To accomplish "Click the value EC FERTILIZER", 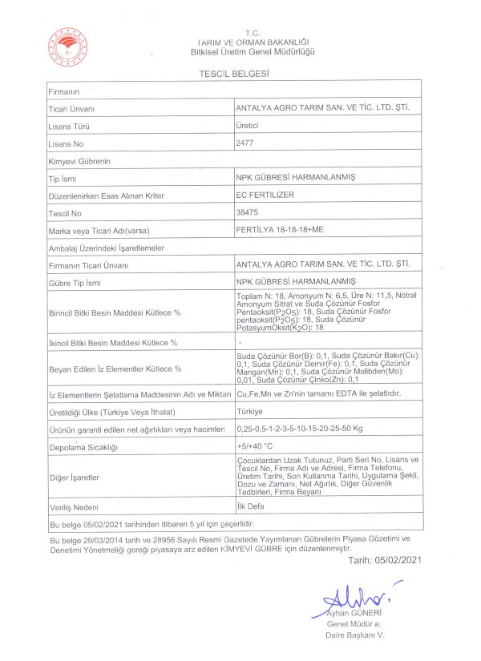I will [264, 195].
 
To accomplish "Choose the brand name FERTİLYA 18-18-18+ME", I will [282, 230].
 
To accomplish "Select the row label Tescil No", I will [66, 214].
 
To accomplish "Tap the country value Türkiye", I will [249, 412].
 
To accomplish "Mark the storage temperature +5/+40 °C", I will [255, 445].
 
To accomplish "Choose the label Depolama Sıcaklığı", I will [83, 446].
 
